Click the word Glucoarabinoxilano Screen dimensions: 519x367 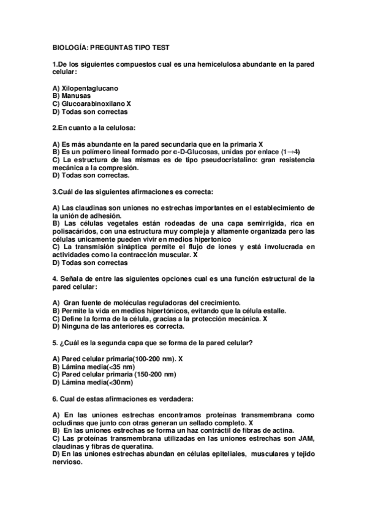pyautogui.click(x=93, y=104)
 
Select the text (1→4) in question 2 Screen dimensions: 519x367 pyautogui.click(x=290, y=151)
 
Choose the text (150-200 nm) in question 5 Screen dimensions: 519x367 pyautogui.click(x=153, y=375)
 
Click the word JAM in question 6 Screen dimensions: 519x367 pyautogui.click(x=305, y=438)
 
